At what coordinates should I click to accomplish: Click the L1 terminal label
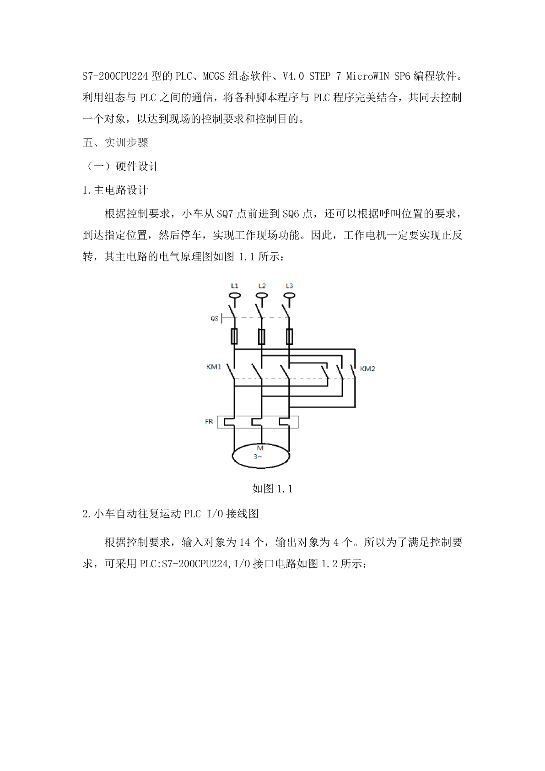click(234, 286)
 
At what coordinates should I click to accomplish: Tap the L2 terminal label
click(262, 286)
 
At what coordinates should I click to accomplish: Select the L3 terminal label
click(289, 286)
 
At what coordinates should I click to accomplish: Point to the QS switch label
click(214, 319)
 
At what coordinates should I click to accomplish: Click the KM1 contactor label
click(214, 367)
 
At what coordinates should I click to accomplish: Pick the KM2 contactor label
click(367, 369)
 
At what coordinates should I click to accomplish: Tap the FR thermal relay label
click(209, 422)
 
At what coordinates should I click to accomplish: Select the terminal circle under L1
click(235, 295)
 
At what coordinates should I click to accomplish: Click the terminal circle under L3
click(289, 295)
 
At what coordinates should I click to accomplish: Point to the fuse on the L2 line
click(262, 336)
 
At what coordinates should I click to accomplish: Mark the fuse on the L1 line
click(234, 336)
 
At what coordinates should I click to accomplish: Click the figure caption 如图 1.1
click(272, 489)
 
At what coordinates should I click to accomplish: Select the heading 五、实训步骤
click(115, 142)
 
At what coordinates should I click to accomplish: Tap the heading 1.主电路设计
click(115, 190)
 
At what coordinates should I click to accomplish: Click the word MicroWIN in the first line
click(367, 76)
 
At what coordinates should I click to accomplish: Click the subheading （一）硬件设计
click(121, 167)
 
